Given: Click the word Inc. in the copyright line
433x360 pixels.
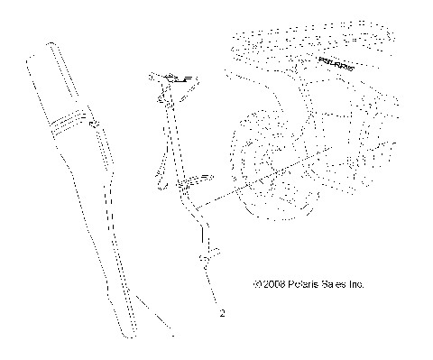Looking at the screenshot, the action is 353,283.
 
